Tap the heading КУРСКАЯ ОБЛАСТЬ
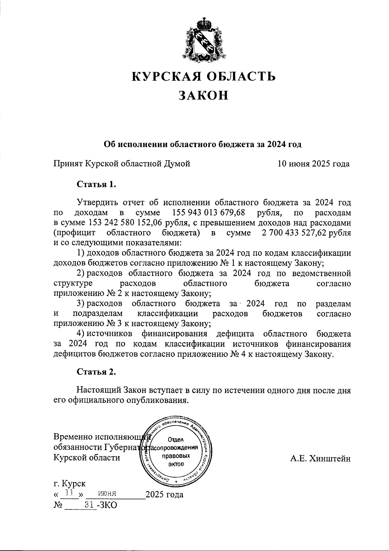[204, 76]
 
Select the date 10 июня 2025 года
[313, 164]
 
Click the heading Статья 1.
[96, 185]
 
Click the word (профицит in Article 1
[74, 233]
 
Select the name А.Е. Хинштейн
[320, 458]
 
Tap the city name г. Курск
[70, 484]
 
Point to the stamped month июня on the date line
[103, 494]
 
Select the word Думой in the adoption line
[178, 164]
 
